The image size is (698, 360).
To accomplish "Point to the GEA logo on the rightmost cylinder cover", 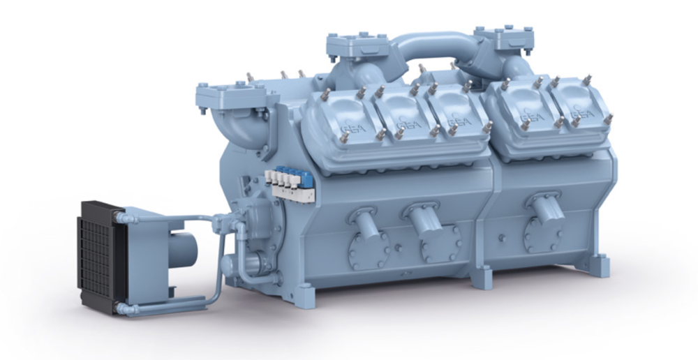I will (582, 112).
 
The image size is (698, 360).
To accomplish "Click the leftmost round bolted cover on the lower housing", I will (367, 247).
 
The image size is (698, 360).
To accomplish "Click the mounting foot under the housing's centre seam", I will (481, 277).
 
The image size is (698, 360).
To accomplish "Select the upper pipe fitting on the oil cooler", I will (124, 218).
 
